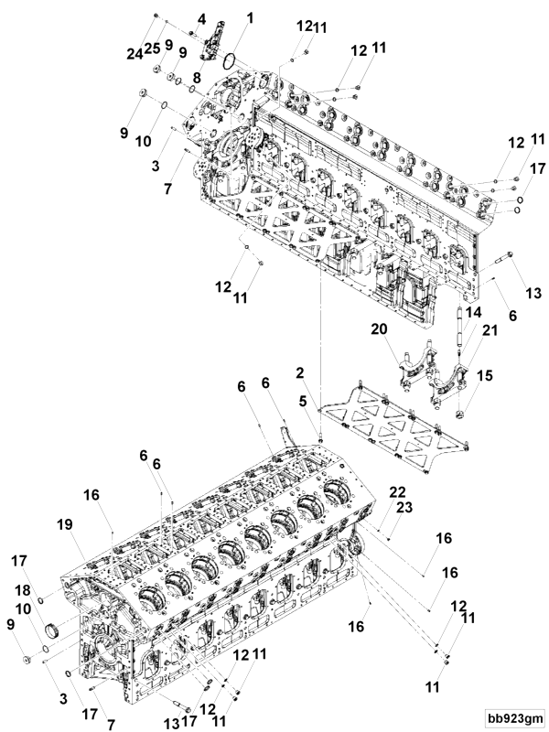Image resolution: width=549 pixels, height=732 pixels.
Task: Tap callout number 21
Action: pyautogui.click(x=464, y=329)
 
